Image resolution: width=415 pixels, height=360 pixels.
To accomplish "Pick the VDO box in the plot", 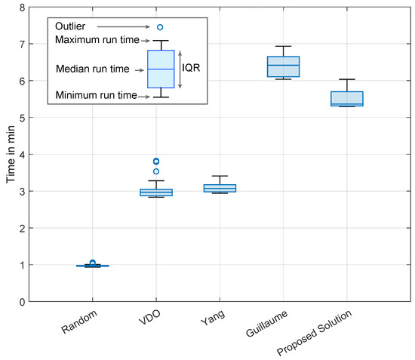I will (157, 192).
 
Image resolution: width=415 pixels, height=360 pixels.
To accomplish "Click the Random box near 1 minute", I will (92, 266).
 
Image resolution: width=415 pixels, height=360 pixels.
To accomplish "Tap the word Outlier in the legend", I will (71, 26).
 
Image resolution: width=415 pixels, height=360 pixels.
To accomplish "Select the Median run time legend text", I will (92, 69).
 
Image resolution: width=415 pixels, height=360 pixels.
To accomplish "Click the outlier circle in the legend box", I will (160, 27).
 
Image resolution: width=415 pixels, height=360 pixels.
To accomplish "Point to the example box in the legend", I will (160, 69).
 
